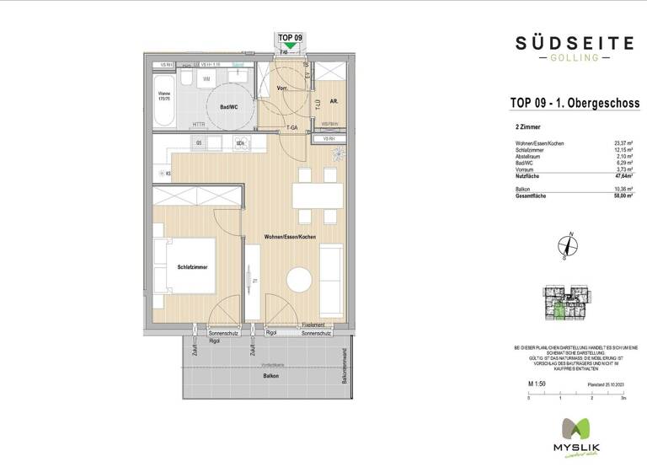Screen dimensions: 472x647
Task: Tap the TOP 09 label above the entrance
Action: pos(289,38)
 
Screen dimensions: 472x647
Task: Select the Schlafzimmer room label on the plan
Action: pos(192,267)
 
